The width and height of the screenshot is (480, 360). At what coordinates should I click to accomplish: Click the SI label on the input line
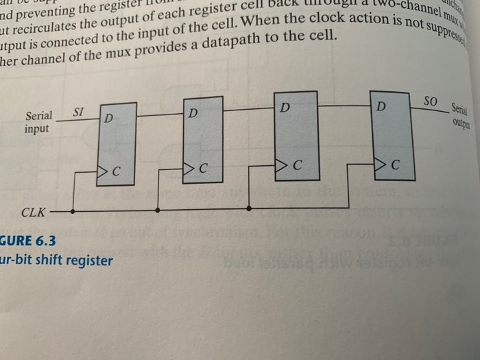tap(79, 111)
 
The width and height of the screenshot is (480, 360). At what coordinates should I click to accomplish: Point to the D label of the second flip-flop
tap(194, 112)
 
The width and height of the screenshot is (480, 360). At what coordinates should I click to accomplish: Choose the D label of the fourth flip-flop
tap(381, 107)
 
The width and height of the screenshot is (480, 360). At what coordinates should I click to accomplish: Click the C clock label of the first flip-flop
tap(117, 171)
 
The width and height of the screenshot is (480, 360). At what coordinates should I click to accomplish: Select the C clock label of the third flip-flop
tap(296, 166)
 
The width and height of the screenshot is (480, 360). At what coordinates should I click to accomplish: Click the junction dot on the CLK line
tap(248, 208)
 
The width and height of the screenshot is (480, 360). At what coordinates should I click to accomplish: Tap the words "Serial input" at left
tap(38, 122)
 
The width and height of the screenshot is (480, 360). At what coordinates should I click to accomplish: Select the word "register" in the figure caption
tap(89, 261)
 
